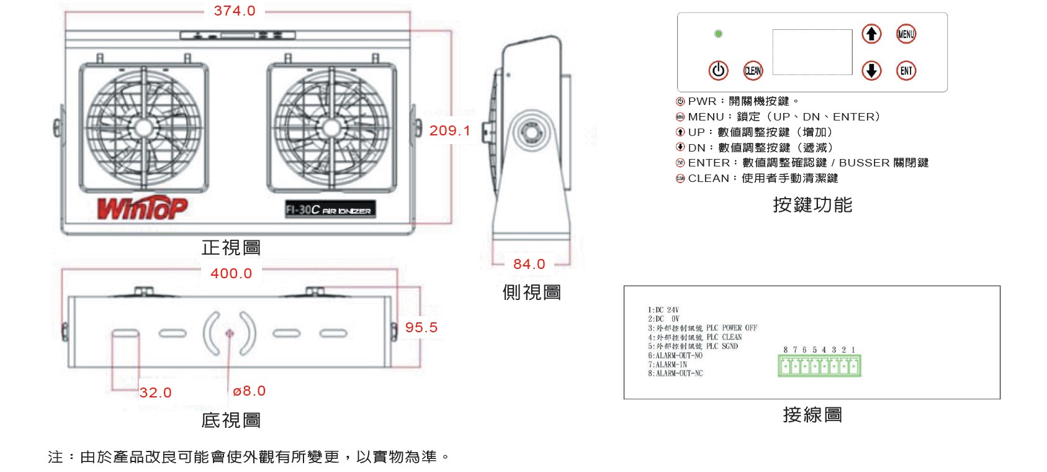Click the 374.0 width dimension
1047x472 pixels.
click(x=234, y=11)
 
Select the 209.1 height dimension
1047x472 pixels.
click(x=449, y=130)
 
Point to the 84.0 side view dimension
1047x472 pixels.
click(x=529, y=264)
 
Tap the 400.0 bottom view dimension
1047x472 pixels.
click(x=231, y=273)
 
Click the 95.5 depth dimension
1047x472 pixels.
click(x=421, y=327)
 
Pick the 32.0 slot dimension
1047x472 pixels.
click(x=155, y=393)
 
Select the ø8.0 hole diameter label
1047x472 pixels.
click(x=249, y=391)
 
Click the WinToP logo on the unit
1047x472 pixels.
click(x=142, y=208)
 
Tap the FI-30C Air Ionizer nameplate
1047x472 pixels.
click(x=330, y=210)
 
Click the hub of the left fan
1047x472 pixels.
click(x=143, y=128)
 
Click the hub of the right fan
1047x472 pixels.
click(x=331, y=128)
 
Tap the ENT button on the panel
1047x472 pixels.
click(x=906, y=71)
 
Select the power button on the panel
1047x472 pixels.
click(x=718, y=70)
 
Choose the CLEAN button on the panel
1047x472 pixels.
click(x=753, y=71)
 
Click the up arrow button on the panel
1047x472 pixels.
click(x=871, y=34)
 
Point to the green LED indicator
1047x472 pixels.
click(x=718, y=34)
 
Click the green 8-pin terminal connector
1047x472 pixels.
click(x=819, y=366)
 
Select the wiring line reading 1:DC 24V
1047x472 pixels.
click(x=663, y=309)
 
